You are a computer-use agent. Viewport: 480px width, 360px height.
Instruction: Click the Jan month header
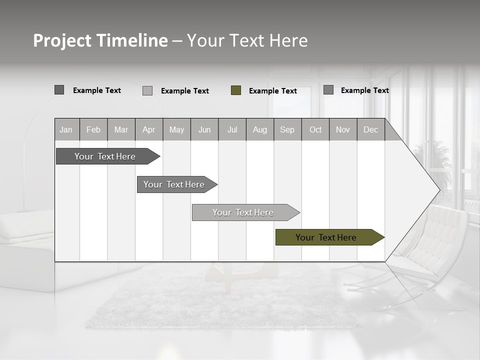[66, 130]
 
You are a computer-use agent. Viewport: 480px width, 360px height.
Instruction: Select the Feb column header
[93, 130]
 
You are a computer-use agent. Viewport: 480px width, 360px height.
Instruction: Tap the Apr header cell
[149, 130]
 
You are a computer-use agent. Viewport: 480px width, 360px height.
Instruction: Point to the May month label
[176, 130]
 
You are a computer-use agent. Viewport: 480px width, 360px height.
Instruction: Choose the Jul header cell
[232, 130]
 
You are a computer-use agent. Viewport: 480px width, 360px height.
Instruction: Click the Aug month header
[260, 130]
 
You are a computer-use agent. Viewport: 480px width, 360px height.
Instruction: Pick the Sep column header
[287, 130]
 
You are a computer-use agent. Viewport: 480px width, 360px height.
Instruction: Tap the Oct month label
[315, 130]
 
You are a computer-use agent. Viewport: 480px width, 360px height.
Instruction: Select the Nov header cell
[343, 130]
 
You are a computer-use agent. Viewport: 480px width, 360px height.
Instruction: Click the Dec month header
[371, 130]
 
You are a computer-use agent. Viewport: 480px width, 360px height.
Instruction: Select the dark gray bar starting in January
[105, 156]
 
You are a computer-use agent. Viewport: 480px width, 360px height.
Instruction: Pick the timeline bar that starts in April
[174, 184]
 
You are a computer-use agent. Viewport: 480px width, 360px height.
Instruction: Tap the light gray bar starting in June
[243, 212]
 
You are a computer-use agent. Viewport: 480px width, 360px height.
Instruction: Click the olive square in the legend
[236, 90]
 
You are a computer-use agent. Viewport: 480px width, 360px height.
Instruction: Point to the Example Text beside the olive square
[273, 91]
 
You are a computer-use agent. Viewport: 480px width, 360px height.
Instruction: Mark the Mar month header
[121, 130]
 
